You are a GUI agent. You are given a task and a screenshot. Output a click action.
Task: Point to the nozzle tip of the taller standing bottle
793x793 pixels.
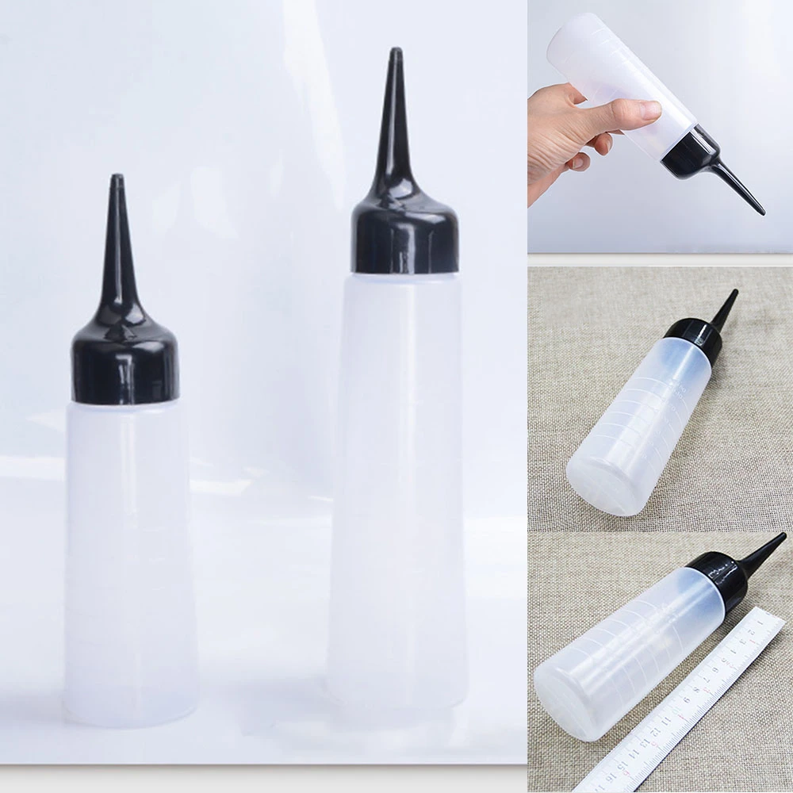pos(395,53)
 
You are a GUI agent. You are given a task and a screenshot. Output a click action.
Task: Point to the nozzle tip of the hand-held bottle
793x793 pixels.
pos(761,212)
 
